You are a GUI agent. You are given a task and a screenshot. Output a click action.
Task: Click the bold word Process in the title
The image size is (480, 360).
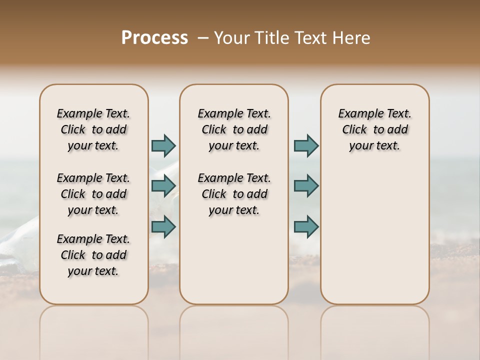[154, 38]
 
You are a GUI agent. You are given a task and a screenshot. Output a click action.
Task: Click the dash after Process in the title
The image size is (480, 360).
[202, 38]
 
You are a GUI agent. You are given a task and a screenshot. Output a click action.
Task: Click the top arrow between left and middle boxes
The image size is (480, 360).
[163, 145]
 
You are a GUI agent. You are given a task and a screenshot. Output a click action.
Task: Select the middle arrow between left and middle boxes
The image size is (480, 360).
[163, 186]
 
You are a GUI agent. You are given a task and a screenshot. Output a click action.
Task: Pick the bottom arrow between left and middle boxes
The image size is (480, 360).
[163, 226]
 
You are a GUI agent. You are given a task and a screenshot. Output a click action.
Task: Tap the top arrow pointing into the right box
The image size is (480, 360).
[306, 145]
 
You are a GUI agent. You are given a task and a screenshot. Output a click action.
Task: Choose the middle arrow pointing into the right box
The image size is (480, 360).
[306, 186]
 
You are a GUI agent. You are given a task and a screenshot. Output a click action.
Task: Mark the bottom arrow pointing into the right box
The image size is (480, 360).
[306, 226]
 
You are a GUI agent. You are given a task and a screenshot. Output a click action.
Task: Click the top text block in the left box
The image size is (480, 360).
[93, 129]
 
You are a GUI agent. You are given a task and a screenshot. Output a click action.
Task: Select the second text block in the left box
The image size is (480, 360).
[93, 194]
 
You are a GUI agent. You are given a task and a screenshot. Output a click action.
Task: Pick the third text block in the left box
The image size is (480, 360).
[93, 255]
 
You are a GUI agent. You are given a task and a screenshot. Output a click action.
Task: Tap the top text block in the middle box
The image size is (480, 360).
[234, 129]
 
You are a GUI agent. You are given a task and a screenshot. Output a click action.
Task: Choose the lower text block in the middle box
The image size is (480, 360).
[234, 194]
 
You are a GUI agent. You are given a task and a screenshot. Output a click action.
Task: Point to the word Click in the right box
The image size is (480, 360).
[354, 129]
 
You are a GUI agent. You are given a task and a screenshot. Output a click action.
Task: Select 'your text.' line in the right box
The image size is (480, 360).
[374, 146]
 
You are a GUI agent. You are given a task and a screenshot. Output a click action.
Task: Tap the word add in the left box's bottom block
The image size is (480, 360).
[116, 255]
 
